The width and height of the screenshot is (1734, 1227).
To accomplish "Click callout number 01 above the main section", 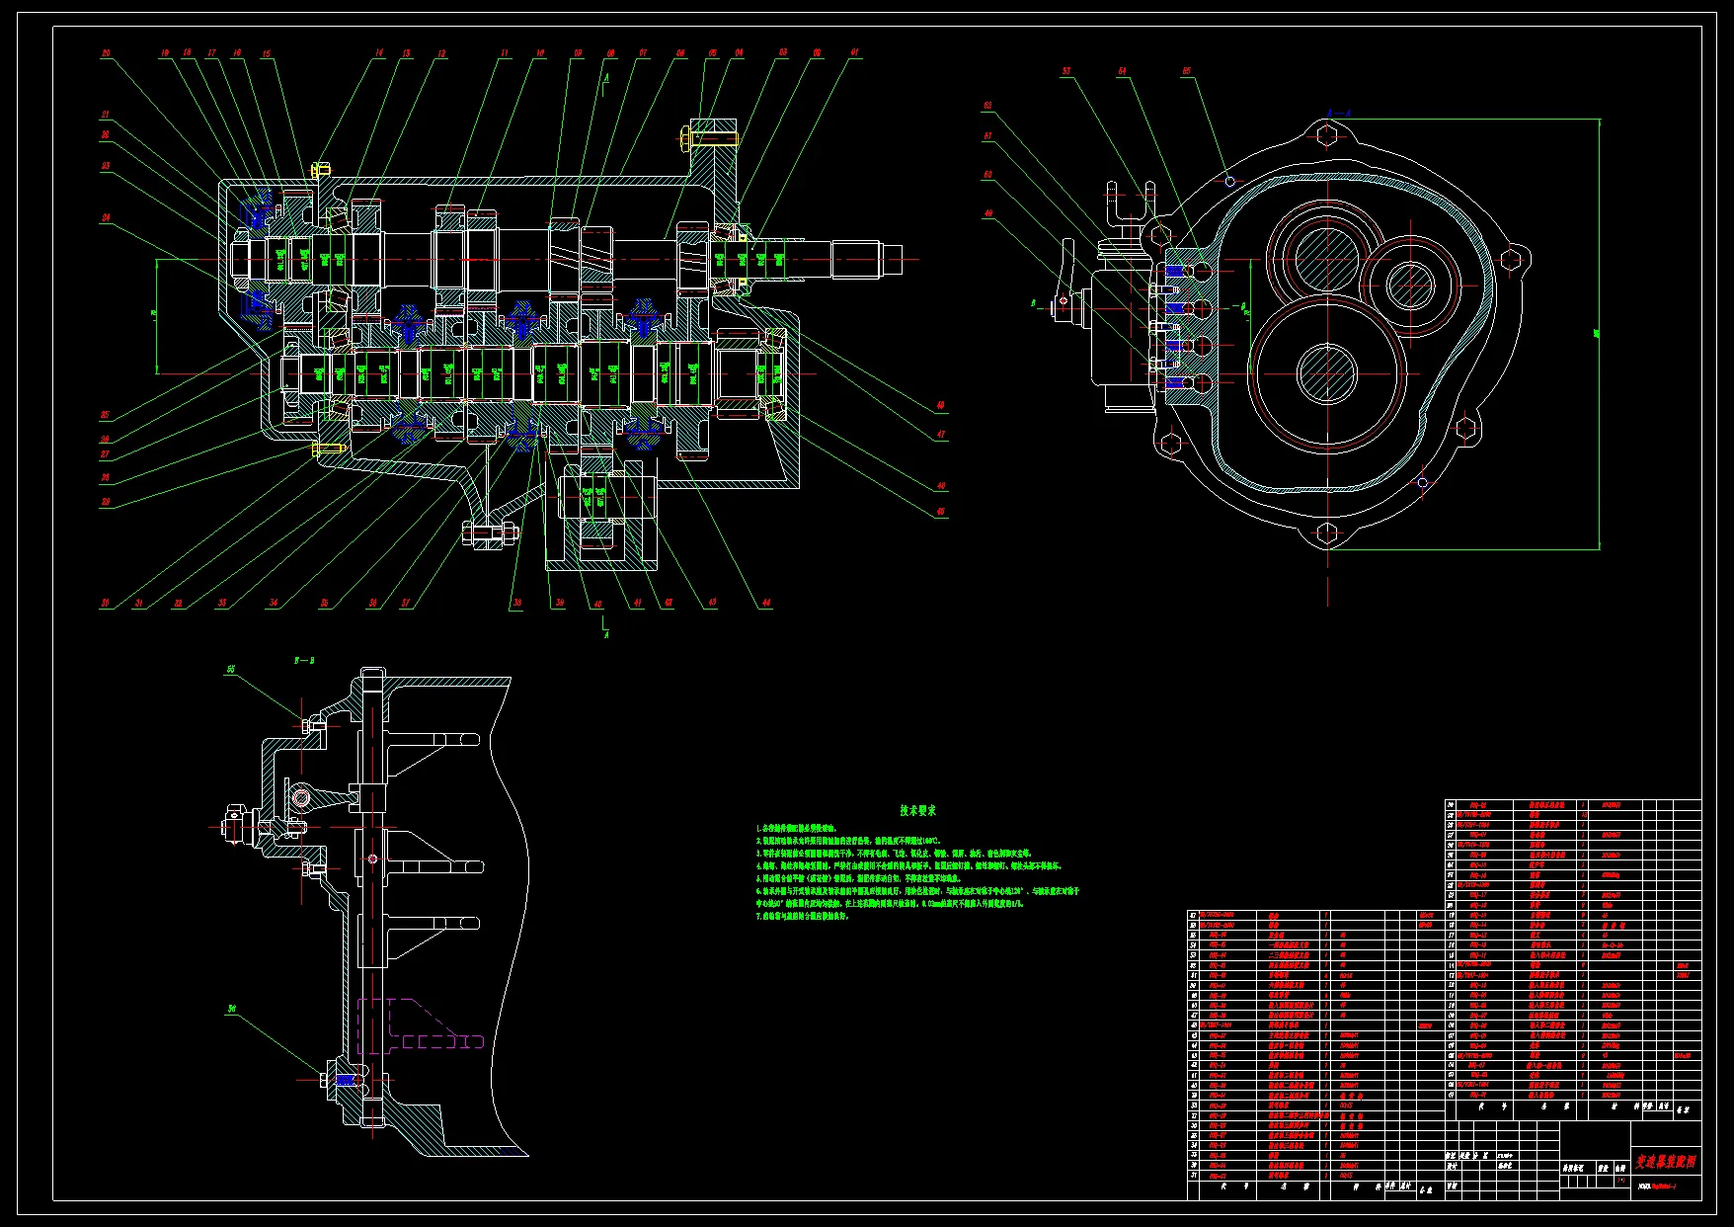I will point(854,52).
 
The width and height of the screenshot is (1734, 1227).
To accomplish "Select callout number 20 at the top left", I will point(106,53).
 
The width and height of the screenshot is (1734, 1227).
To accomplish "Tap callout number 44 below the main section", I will point(765,603).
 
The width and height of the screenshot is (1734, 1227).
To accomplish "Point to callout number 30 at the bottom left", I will point(105,603).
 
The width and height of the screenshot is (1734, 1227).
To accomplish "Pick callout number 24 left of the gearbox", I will point(105,217).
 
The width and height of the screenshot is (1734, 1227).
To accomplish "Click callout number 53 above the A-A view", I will point(1066,71).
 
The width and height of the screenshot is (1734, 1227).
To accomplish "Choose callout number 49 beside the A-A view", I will point(987,213).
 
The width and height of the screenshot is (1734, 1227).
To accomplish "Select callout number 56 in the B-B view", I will point(232,1009).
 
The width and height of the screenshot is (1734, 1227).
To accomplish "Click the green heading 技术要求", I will point(917,810).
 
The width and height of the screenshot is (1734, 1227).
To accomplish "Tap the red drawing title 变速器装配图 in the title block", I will point(1666,1162).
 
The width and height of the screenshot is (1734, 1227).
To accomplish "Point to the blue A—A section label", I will point(1329,113).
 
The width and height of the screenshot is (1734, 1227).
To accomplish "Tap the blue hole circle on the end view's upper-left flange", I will point(1230,181).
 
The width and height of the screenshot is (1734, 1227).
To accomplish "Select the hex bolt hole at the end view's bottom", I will point(1327,534).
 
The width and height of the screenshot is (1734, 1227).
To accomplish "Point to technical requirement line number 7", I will point(803,916).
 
